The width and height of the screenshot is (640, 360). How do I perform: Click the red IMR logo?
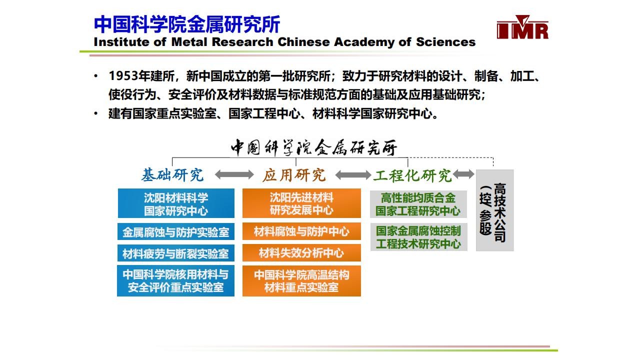(522, 27)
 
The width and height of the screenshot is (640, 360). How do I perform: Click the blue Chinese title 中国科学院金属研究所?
(187, 24)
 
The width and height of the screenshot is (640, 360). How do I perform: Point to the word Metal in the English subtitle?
(189, 42)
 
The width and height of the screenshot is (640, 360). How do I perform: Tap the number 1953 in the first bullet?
(123, 76)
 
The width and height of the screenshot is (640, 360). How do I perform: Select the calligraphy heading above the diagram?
(313, 147)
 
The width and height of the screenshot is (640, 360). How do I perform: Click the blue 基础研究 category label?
(172, 175)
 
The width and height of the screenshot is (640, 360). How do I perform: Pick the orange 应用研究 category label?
(294, 175)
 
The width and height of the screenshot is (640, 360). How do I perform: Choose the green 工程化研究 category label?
(412, 175)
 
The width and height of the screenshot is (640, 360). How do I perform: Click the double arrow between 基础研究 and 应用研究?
(234, 174)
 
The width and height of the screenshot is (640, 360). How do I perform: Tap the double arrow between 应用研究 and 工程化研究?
(353, 175)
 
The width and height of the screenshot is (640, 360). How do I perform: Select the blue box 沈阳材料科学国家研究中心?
(176, 203)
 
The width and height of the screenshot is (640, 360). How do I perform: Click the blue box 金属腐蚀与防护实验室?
(176, 231)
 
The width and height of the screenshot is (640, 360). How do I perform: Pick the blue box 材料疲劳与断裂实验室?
(176, 253)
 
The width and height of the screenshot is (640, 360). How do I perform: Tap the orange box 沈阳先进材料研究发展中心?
(301, 203)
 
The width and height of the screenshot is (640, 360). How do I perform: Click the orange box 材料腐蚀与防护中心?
(301, 231)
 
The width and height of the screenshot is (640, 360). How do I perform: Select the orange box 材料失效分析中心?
(301, 252)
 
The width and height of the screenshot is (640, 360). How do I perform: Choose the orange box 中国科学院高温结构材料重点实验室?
(301, 281)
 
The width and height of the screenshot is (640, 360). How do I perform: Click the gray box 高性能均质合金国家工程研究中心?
(418, 204)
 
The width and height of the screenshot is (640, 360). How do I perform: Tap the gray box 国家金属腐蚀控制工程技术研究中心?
(418, 237)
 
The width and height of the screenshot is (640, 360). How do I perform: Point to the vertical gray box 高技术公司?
(495, 210)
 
